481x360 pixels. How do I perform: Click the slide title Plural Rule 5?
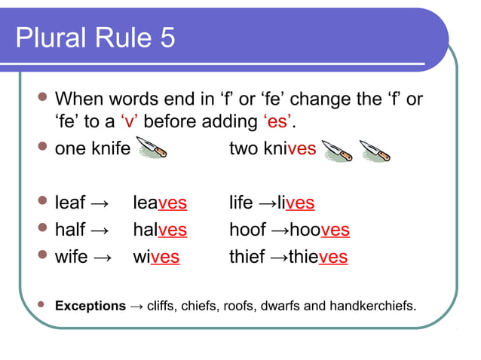pyautogui.click(x=95, y=37)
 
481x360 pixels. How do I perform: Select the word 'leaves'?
pyautogui.click(x=160, y=203)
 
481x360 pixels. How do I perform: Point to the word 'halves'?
pyautogui.click(x=160, y=230)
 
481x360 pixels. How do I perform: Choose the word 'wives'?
pyautogui.click(x=156, y=257)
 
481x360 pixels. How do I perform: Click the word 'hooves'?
pyautogui.click(x=319, y=230)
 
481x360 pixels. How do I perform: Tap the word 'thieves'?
pyautogui.click(x=318, y=257)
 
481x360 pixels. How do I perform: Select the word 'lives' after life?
pyautogui.click(x=296, y=203)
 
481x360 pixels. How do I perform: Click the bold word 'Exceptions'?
pyautogui.click(x=90, y=307)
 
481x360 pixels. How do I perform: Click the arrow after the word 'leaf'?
pyautogui.click(x=100, y=203)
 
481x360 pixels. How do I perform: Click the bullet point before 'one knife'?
pyautogui.click(x=41, y=148)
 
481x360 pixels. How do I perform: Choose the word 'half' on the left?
pyautogui.click(x=70, y=230)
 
